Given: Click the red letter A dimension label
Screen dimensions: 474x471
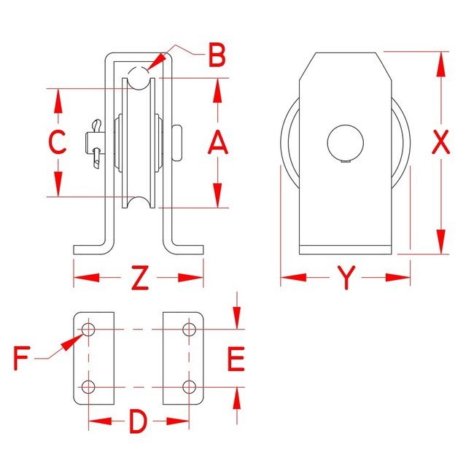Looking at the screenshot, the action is coord(217,142).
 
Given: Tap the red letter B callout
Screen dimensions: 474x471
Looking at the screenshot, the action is coord(217,55).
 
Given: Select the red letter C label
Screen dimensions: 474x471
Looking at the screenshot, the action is coord(58,141).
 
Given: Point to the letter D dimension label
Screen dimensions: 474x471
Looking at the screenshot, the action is coord(138,421).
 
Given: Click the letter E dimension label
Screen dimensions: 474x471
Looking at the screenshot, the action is coord(236,359).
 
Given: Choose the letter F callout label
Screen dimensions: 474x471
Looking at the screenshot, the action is coord(22,359).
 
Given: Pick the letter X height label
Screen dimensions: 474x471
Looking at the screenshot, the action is coord(440,141).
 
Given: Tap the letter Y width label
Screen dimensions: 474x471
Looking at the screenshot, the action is coord(346,277).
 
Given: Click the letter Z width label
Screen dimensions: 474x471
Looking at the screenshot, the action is coord(140,278).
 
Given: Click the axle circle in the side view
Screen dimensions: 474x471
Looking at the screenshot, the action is coord(346,142).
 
